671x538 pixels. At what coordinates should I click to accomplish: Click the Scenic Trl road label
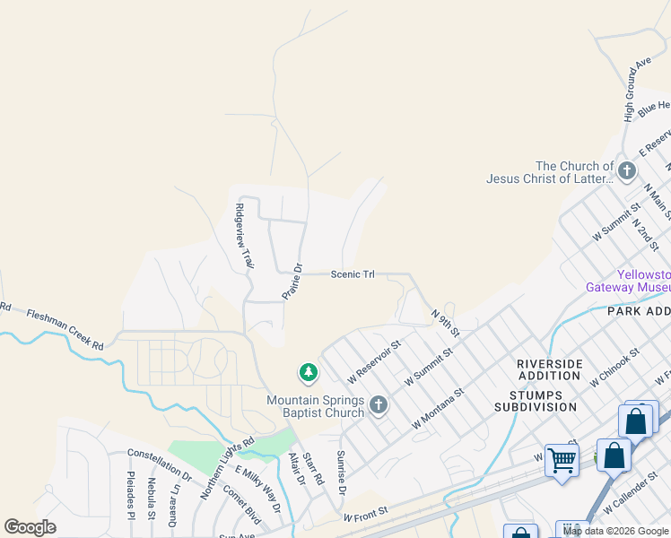[353, 274]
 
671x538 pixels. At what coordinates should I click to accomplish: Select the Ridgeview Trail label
[244, 236]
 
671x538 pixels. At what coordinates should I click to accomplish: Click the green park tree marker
[308, 372]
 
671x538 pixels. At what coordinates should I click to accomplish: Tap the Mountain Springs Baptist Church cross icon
[378, 405]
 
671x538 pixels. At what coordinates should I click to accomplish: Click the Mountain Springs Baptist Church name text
[316, 406]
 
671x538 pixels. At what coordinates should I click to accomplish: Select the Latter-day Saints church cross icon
[626, 170]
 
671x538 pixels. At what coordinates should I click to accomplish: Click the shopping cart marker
[562, 461]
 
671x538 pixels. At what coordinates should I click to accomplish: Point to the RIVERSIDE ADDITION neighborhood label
[549, 369]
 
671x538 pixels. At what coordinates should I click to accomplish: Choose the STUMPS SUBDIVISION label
[535, 401]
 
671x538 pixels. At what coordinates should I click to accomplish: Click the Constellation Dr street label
[160, 464]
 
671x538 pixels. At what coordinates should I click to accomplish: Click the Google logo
[30, 527]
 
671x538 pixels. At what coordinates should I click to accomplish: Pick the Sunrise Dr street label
[341, 473]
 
